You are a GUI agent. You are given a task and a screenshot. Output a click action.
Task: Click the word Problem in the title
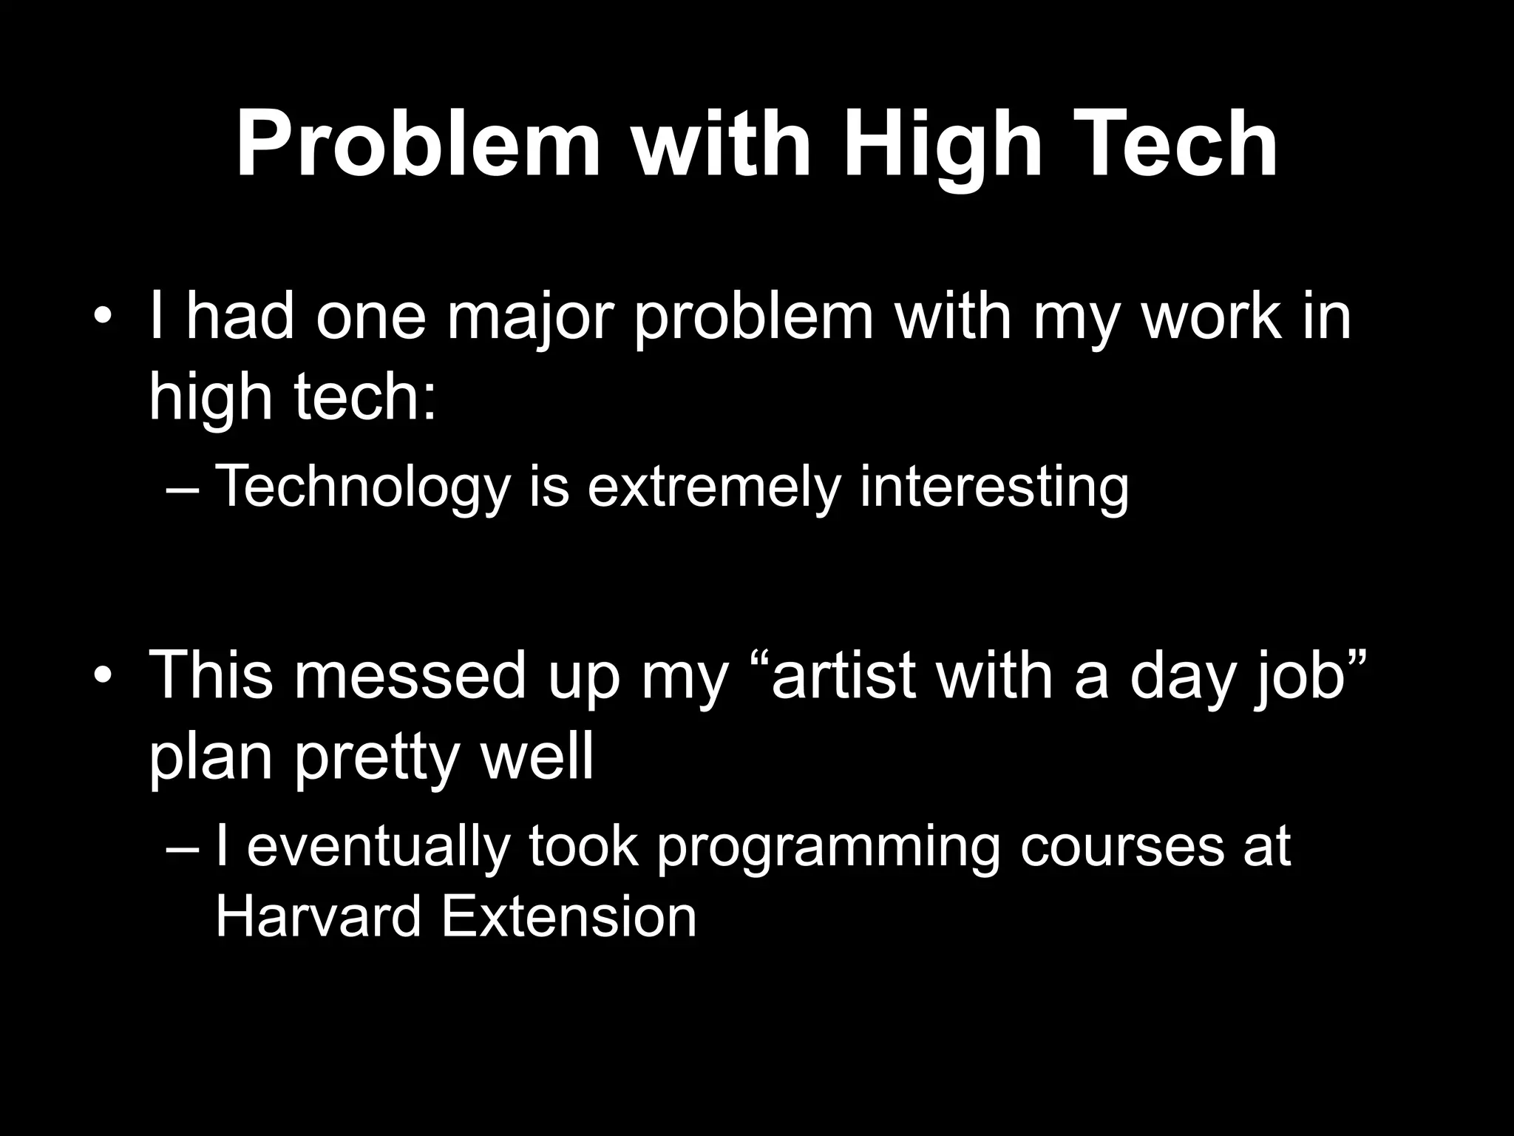click(418, 146)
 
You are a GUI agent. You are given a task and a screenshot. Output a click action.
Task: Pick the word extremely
click(714, 487)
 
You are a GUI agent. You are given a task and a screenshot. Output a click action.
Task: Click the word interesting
click(994, 487)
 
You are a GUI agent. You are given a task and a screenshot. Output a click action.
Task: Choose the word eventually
click(378, 846)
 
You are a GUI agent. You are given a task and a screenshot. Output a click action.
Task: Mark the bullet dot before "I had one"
click(103, 317)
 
